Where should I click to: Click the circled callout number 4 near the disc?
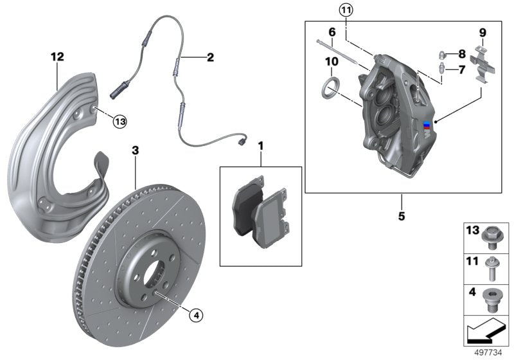197,314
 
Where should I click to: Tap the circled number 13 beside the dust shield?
121,120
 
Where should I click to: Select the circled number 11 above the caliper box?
346,10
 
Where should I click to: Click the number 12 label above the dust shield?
58,57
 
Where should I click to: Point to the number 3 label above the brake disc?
135,150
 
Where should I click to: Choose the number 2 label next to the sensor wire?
210,57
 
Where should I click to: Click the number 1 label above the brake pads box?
260,146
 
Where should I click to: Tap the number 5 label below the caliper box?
401,216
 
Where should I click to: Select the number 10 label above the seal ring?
332,62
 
